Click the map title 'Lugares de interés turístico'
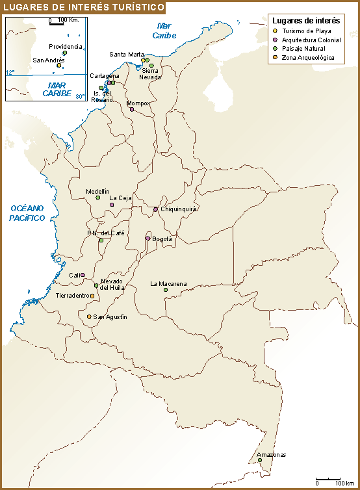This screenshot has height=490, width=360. pyautogui.click(x=83, y=7)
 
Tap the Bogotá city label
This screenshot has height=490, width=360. pyautogui.click(x=162, y=239)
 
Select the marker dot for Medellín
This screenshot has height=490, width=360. pyautogui.click(x=98, y=198)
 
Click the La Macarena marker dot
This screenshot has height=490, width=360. pyautogui.click(x=166, y=290)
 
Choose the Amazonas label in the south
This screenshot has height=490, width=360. pyautogui.click(x=271, y=454)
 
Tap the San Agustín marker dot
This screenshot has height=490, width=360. pyautogui.click(x=89, y=316)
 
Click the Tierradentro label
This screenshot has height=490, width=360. pyautogui.click(x=72, y=296)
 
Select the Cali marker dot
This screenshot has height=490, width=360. pyautogui.click(x=83, y=275)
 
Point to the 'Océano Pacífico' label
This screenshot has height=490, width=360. pyautogui.click(x=27, y=213)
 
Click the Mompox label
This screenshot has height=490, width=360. pyautogui.click(x=138, y=103)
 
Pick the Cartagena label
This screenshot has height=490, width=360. pyautogui.click(x=105, y=76)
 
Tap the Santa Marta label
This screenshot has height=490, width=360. pyautogui.click(x=127, y=54)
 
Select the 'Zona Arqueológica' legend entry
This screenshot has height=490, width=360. pyautogui.click(x=308, y=58)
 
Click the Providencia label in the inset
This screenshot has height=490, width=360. pyautogui.click(x=66, y=47)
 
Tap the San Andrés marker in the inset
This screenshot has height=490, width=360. pyautogui.click(x=59, y=66)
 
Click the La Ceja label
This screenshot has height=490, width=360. pyautogui.click(x=120, y=198)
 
